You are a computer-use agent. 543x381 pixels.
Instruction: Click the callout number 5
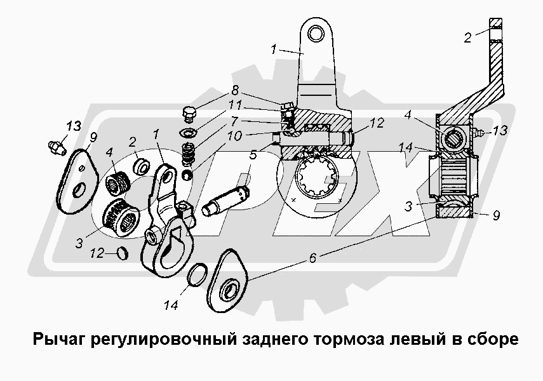[253, 154]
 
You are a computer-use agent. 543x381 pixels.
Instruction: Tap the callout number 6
[312, 257]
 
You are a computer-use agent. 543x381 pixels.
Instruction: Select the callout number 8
[235, 91]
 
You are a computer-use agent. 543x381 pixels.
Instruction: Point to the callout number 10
[234, 135]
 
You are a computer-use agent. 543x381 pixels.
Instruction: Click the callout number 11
[235, 105]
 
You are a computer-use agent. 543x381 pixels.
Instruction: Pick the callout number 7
[235, 120]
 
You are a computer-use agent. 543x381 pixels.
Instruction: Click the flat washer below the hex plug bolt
[187, 133]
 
